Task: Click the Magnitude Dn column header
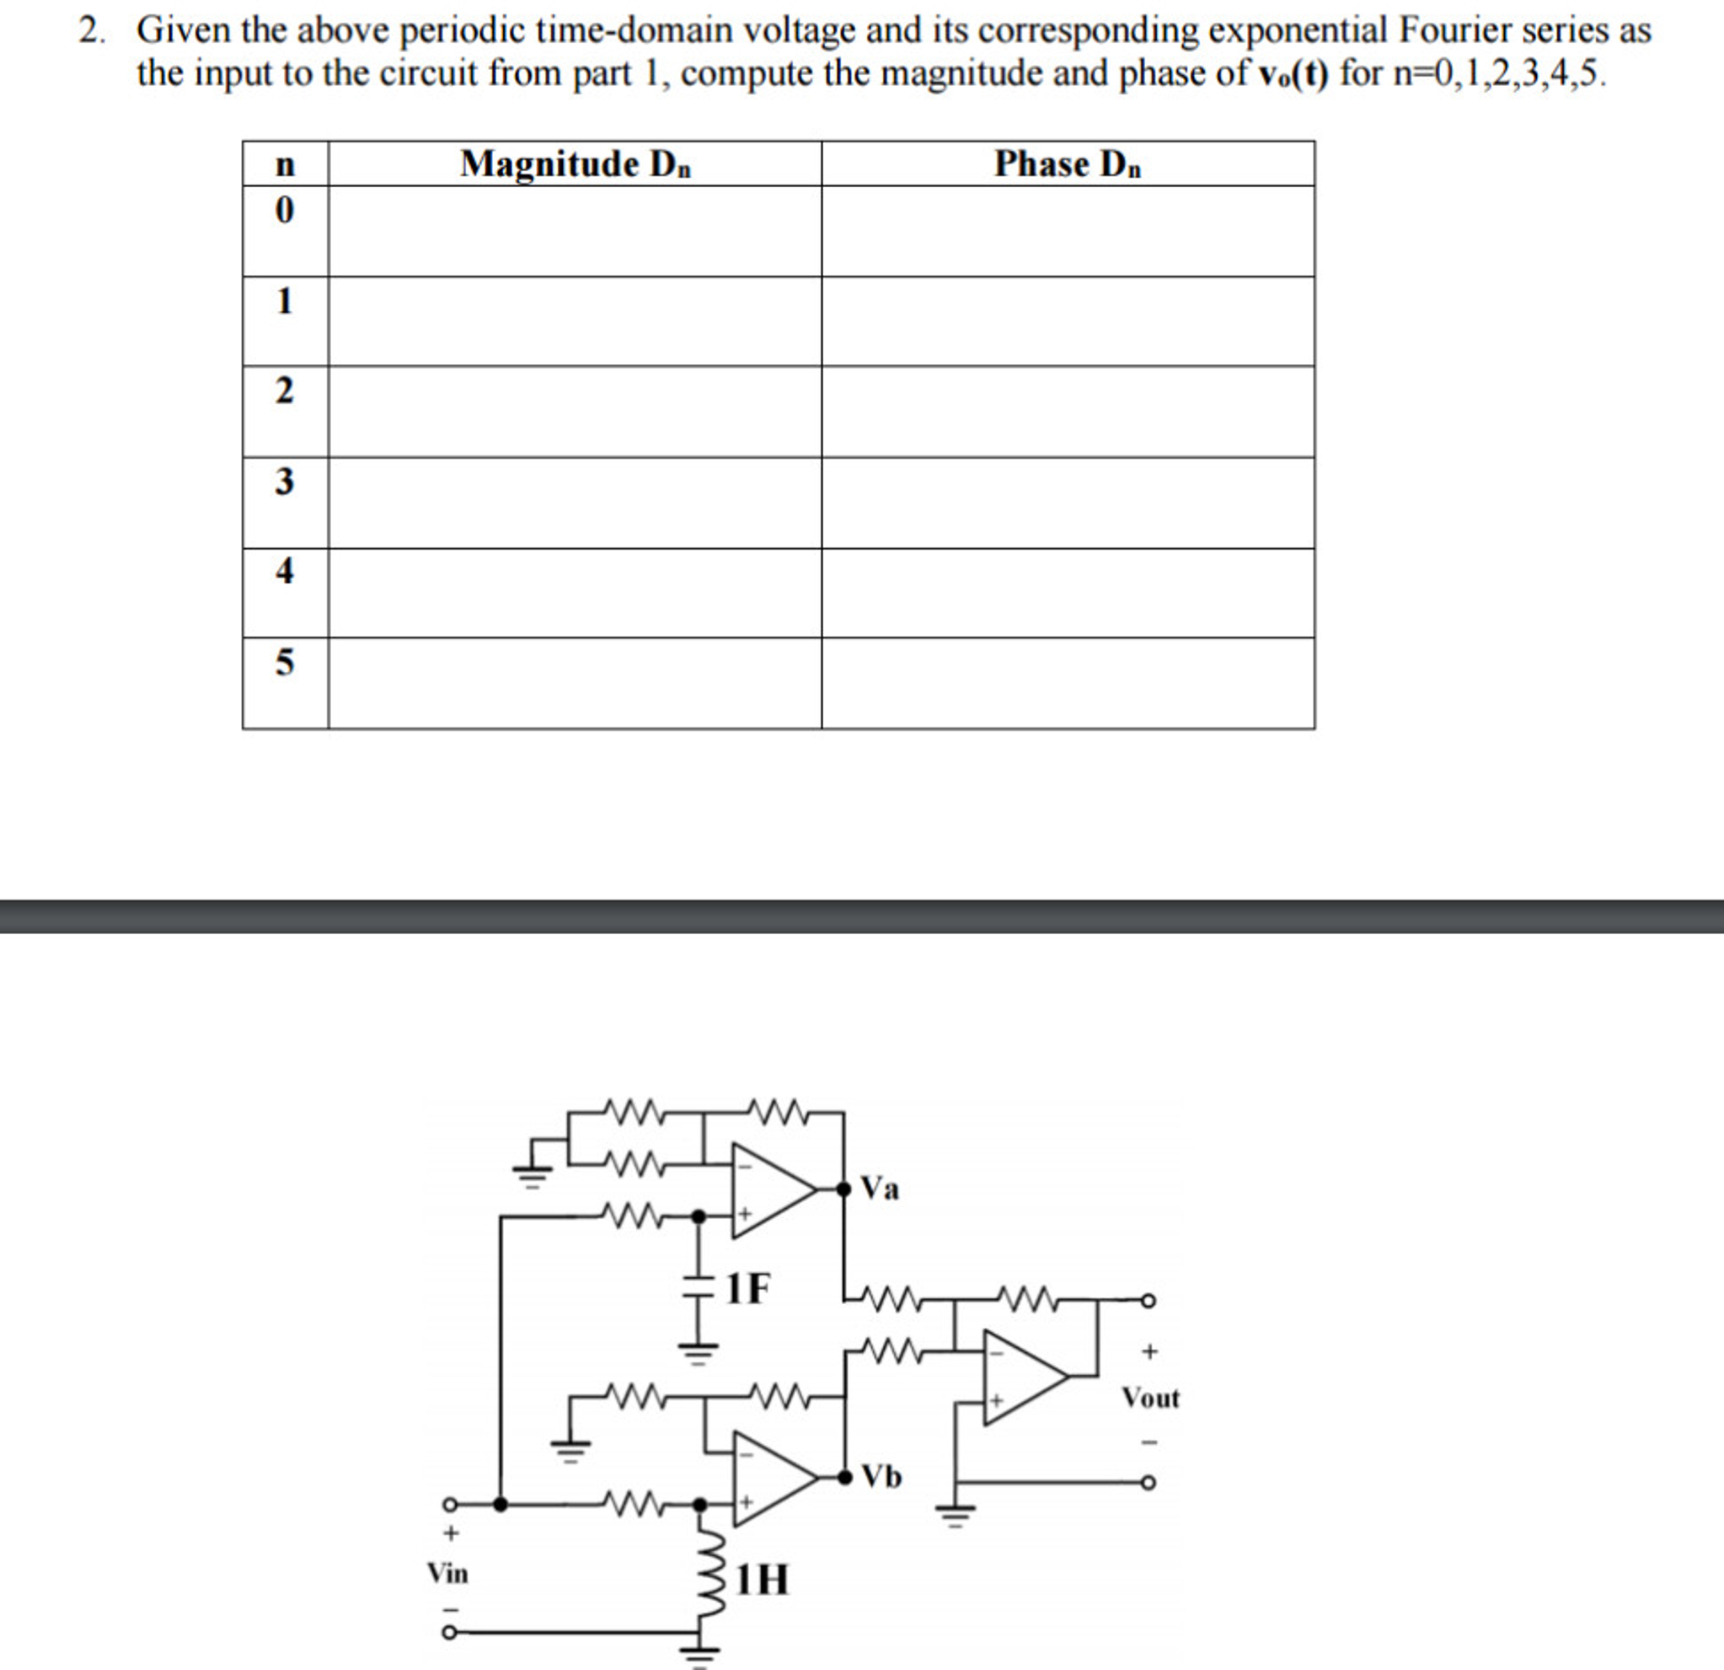[x=576, y=164]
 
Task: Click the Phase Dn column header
[x=1067, y=164]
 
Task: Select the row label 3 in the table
[x=284, y=481]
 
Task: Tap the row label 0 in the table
[x=284, y=210]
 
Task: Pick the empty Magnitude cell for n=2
[x=576, y=411]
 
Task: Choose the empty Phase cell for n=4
[x=1068, y=593]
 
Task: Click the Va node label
[x=880, y=1189]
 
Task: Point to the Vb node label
[x=881, y=1475]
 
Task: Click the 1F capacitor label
[x=747, y=1289]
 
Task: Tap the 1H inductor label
[x=762, y=1579]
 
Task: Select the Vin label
[x=447, y=1573]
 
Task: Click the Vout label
[x=1149, y=1397]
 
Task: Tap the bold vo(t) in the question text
[x=1288, y=74]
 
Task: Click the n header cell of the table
[x=285, y=164]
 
